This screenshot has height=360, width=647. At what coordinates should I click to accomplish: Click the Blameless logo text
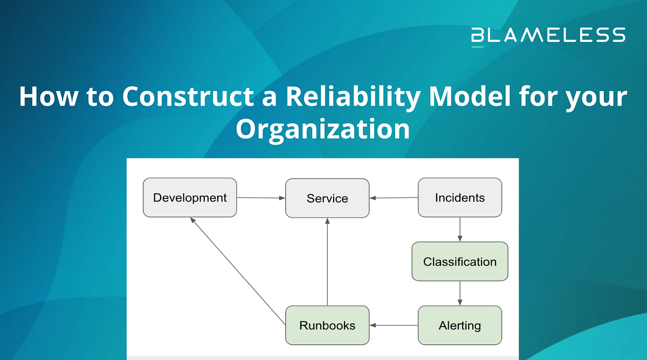point(548,35)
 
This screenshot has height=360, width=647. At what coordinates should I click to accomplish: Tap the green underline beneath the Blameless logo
point(478,47)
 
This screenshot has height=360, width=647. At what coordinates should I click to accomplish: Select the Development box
point(190,198)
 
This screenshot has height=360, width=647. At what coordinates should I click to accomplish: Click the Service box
point(327,198)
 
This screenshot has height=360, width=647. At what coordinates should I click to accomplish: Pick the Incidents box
point(460,198)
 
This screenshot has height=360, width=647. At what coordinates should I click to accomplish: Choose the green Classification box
point(460,262)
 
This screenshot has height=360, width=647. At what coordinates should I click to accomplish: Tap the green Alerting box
point(460,326)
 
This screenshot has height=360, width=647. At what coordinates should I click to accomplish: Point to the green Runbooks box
point(327,326)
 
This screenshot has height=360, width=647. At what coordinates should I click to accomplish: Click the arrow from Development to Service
point(261,198)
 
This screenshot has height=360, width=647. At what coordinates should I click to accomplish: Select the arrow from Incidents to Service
point(394,198)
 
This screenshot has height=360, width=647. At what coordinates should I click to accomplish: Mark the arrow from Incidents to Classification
point(460,230)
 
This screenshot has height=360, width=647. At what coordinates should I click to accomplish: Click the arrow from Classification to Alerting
point(460,293)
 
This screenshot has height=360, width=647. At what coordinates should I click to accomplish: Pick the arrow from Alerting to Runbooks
point(394,326)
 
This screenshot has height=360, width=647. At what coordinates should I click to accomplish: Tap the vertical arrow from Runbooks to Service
point(327,262)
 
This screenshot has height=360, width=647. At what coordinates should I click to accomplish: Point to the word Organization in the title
point(323,129)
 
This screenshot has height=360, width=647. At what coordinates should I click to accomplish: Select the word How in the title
point(44,97)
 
